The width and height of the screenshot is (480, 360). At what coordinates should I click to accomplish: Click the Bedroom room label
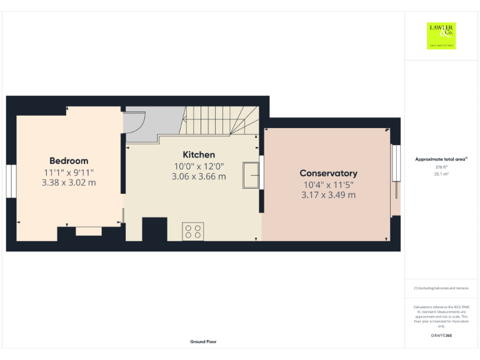pos(69,161)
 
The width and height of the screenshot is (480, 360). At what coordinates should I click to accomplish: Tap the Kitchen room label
pos(199,154)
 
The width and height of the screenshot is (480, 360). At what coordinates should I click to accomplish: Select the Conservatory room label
pos(328,173)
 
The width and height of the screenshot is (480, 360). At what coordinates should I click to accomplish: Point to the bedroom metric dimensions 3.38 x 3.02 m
pos(69,183)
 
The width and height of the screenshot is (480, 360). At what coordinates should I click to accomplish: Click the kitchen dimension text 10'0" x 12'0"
pos(199,166)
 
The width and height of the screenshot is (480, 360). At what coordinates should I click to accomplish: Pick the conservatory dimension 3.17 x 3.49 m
pos(328,195)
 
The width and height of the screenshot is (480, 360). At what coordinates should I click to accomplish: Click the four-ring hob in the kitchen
pos(192,232)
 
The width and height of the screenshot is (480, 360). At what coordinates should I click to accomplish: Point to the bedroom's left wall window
pos(11,181)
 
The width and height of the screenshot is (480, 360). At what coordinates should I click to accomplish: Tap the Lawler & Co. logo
pos(441,36)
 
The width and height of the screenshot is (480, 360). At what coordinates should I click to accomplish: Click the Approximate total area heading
pos(441,160)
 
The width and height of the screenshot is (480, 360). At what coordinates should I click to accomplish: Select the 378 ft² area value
pos(441,167)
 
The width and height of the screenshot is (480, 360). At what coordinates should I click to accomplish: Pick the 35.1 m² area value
pos(441,175)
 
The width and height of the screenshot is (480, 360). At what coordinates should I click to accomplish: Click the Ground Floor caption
pos(203,342)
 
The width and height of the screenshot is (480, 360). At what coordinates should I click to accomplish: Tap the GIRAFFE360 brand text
pos(441,336)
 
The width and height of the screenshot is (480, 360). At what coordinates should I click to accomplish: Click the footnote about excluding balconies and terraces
pos(441,288)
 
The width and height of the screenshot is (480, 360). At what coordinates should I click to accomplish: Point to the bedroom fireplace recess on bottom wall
pos(88,232)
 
